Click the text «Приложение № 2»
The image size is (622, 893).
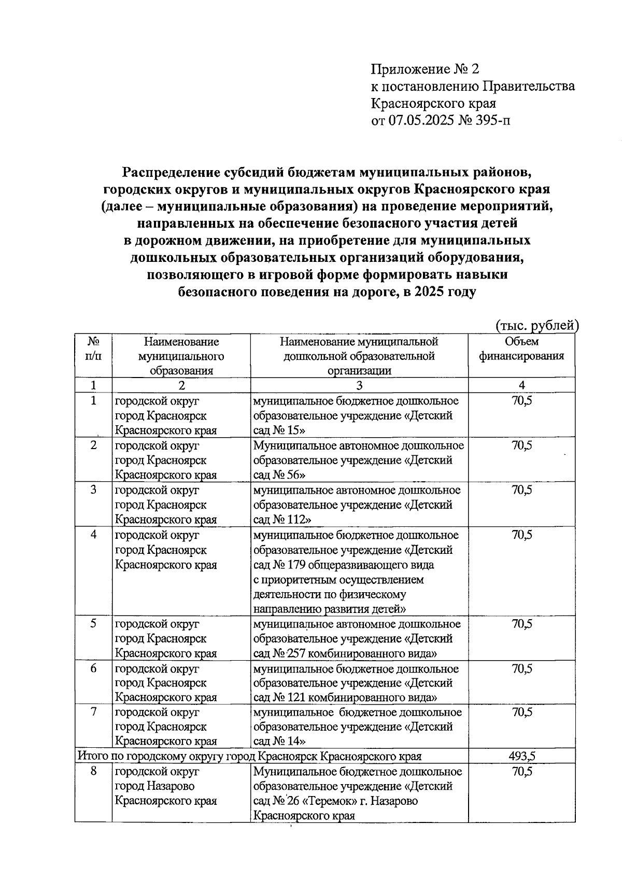pyautogui.click(x=426, y=69)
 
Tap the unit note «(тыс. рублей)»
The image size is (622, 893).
pyautogui.click(x=536, y=325)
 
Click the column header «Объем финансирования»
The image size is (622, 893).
pyautogui.click(x=521, y=349)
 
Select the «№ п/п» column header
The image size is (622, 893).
pyautogui.click(x=93, y=349)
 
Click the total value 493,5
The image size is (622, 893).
pyautogui.click(x=521, y=756)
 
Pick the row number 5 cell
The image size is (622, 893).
pyautogui.click(x=93, y=624)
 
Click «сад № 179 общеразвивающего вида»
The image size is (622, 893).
pyautogui.click(x=344, y=565)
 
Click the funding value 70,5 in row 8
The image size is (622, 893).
pyautogui.click(x=521, y=772)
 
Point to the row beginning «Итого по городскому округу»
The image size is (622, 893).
pyautogui.click(x=249, y=756)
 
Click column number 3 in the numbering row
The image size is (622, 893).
pyautogui.click(x=359, y=385)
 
